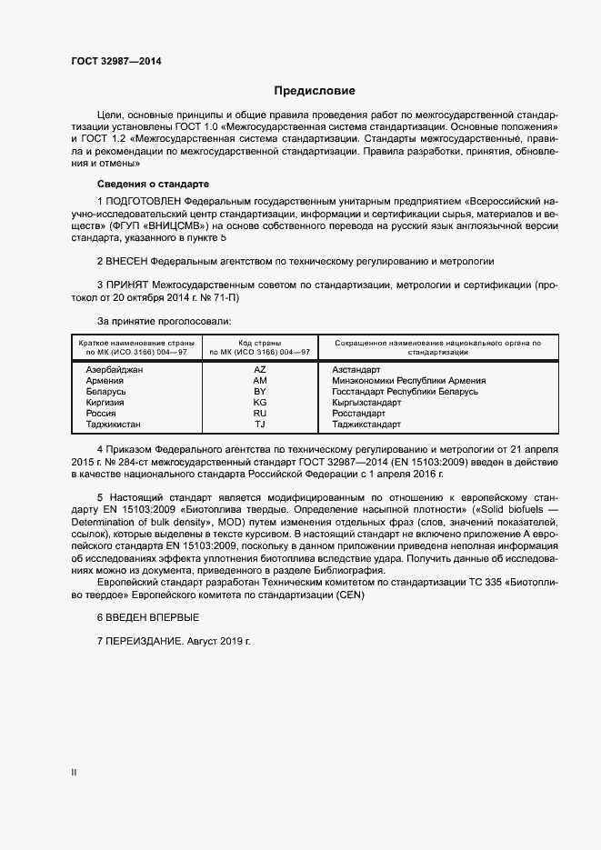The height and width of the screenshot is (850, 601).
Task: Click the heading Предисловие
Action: (315, 91)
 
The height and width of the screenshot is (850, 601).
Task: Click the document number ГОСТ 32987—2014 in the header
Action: (116, 61)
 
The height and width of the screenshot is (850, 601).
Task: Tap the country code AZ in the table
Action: (259, 370)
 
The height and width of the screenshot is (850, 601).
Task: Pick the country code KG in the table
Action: (259, 402)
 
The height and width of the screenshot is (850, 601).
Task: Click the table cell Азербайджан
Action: (115, 370)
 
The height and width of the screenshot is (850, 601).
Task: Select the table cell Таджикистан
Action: (114, 424)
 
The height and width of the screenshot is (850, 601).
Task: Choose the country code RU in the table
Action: (259, 413)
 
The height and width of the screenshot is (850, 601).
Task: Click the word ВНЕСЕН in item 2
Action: (127, 260)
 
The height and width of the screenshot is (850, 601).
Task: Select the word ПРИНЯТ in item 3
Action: (127, 285)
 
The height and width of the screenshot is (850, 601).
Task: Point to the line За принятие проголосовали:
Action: (164, 321)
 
